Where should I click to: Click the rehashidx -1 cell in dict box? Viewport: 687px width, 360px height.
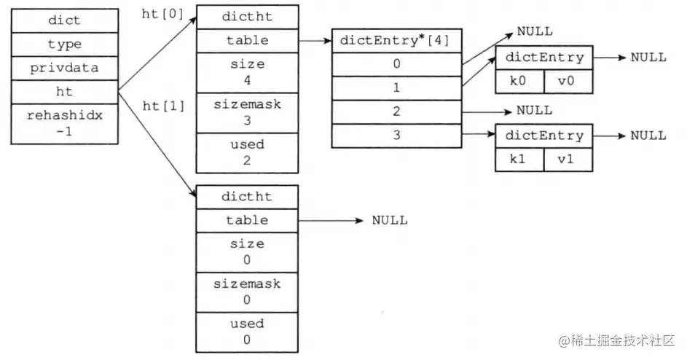point(64,124)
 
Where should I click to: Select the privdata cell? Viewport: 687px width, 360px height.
point(64,68)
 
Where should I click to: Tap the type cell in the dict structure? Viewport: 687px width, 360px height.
point(64,44)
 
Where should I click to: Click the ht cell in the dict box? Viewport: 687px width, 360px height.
point(64,92)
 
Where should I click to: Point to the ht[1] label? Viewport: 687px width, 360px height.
point(164,106)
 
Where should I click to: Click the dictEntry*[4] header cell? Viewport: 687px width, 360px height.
point(396,41)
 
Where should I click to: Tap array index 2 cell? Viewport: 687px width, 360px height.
point(396,111)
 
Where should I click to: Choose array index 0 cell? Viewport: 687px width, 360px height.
point(396,64)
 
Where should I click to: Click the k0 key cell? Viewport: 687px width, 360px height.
point(519,81)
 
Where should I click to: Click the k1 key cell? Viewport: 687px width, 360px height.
point(519,159)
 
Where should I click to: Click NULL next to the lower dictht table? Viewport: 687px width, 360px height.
point(390,220)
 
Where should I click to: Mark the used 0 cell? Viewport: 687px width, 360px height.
point(247,332)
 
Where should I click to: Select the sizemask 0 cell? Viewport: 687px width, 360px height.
point(247,291)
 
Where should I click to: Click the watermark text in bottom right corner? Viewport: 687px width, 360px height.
point(618,341)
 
